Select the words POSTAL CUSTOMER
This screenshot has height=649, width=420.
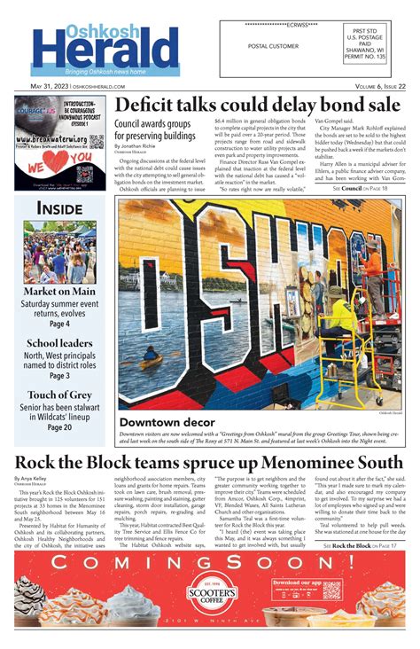[x=274, y=45]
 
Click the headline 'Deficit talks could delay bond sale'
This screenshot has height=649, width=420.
[x=258, y=104]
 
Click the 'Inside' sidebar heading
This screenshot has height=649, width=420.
[x=59, y=207]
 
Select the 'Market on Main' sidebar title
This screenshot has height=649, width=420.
[x=59, y=292]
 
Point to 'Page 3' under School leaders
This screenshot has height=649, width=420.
[x=59, y=375]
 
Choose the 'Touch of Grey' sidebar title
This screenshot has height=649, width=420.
[x=59, y=395]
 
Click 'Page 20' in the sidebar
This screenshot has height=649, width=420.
[x=59, y=427]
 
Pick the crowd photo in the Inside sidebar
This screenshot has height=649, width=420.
[x=59, y=252]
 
